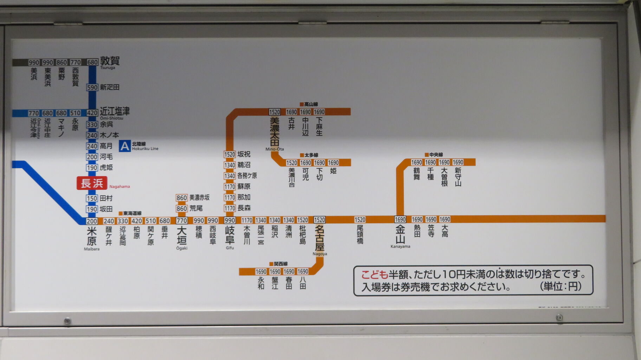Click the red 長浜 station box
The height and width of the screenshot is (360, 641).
click(92, 183)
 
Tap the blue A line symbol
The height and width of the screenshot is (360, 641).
click(125, 146)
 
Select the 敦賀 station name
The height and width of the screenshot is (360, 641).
click(110, 61)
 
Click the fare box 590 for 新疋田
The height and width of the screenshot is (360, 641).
click(92, 87)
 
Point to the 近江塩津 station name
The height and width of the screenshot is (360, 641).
click(115, 112)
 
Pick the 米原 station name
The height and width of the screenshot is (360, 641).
click(92, 236)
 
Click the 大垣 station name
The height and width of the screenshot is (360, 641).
click(182, 236)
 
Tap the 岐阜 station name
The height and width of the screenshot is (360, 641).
click(230, 235)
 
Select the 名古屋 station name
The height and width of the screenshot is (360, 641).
click(319, 238)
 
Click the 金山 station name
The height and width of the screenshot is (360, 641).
click(400, 234)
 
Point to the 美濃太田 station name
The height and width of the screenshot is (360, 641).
click(274, 131)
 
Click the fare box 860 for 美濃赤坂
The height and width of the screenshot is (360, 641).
click(182, 198)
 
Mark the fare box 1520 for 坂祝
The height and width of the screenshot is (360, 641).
click(230, 154)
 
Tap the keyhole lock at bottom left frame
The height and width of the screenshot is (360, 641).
click(67, 321)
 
